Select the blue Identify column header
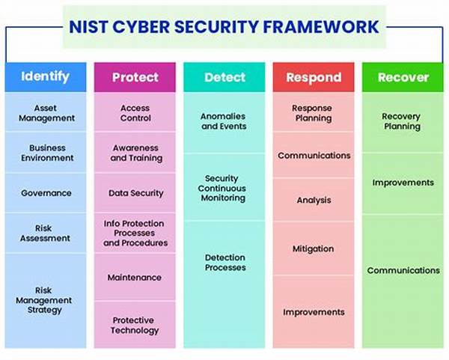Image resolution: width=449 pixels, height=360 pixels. coord(46,77)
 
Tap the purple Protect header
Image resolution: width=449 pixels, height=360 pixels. coord(135,77)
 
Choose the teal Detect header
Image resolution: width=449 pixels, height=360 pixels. coord(224,77)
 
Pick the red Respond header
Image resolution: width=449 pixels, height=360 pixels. coord(314,77)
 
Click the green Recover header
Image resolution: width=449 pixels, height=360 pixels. coord(403,77)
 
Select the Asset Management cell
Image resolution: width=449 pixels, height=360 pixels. coord(46,112)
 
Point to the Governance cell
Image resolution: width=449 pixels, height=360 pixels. coord(46,193)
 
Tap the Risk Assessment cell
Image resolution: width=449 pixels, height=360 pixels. coord(46,233)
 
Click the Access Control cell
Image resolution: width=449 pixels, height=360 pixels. coord(135,112)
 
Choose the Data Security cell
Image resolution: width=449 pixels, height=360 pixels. coord(135,193)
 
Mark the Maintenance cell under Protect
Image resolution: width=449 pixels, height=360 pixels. coord(135,277)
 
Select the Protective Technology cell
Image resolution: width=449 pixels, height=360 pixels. coord(135,325)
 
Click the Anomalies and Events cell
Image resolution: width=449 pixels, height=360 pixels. coord(224,123)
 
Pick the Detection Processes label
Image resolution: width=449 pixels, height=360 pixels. coord(225,263)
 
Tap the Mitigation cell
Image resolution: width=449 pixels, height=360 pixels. coord(314,248)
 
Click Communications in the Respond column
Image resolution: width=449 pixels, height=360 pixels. coord(314,155)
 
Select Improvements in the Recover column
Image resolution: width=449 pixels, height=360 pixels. coord(403,183)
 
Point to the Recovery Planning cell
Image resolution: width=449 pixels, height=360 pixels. coord(403,123)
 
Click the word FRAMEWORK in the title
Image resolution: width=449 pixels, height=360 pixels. coord(321,27)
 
